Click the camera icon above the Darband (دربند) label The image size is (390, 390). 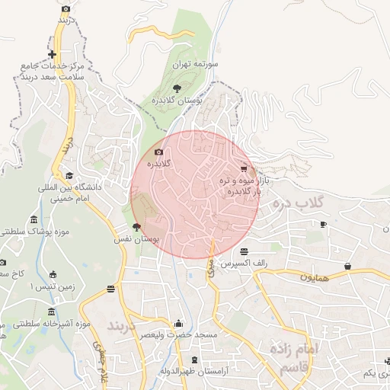click(x=66, y=9)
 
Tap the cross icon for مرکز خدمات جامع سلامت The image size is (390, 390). click(x=52, y=54)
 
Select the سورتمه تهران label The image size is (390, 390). click(x=196, y=66)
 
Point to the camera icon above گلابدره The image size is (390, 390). click(x=158, y=152)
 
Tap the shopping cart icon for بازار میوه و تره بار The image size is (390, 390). click(x=243, y=168)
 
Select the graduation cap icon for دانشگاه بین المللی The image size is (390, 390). click(x=80, y=175)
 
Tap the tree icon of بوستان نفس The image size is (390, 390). click(x=136, y=227)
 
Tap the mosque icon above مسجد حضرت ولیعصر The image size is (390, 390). click(x=178, y=323)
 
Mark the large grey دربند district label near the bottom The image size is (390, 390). click(x=122, y=327)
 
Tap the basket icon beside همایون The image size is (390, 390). click(x=348, y=266)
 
